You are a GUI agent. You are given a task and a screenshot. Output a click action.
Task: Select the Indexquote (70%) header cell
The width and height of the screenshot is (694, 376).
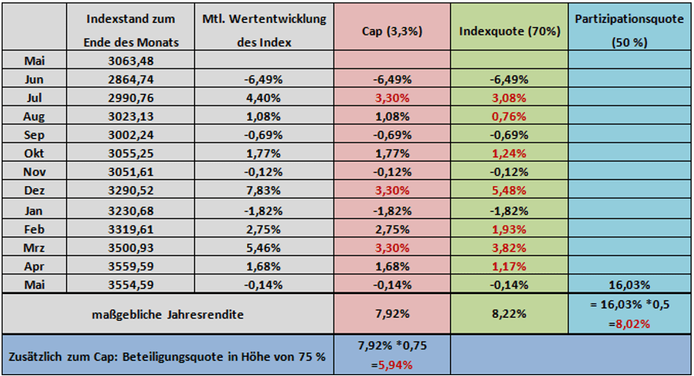pyautogui.click(x=509, y=31)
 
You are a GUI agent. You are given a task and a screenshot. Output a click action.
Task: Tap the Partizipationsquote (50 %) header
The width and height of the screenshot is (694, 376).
pyautogui.click(x=629, y=31)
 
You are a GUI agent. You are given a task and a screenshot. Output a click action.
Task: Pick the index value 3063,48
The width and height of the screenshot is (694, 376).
pyautogui.click(x=131, y=61)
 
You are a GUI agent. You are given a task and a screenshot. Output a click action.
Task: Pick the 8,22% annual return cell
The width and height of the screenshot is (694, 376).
pyautogui.click(x=509, y=314)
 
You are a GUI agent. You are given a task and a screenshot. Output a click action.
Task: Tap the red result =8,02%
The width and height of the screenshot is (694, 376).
pyautogui.click(x=629, y=322)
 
